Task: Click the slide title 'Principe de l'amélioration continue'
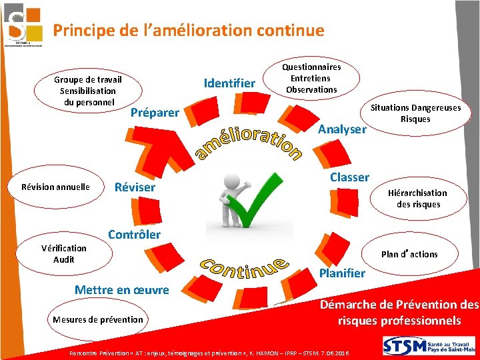tap(189, 31)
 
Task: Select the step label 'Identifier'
tap(229, 83)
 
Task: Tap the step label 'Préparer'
tap(155, 113)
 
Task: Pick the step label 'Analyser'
tap(342, 129)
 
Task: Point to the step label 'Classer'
tap(349, 177)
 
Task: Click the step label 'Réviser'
tap(135, 187)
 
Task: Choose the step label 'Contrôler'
tap(134, 235)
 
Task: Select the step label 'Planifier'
tap(342, 273)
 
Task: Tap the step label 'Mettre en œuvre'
tap(122, 290)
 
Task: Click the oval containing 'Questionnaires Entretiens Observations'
tap(311, 78)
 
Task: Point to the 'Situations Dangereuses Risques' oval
tap(416, 113)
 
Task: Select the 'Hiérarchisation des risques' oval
tap(418, 199)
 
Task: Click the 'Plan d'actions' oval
tap(409, 254)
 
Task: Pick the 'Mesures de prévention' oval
tap(97, 319)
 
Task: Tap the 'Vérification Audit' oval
tap(64, 254)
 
